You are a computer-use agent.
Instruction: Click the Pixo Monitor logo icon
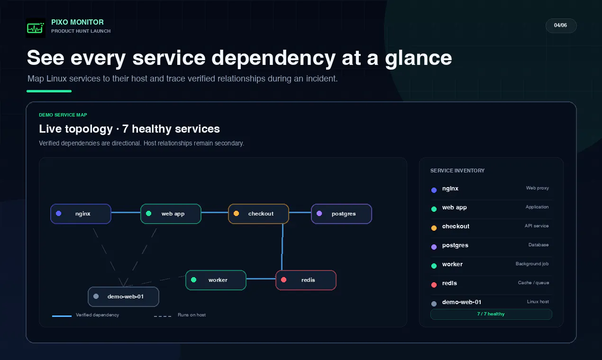[36, 28]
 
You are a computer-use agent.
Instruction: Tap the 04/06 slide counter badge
[561, 26]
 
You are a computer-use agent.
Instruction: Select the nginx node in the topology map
[81, 214]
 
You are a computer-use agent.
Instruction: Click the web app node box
[171, 214]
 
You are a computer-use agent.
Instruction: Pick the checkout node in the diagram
[258, 214]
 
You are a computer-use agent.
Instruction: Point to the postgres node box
[342, 214]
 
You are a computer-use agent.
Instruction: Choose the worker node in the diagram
[216, 280]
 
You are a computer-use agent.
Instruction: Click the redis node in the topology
[306, 280]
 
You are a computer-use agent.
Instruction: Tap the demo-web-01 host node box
[123, 297]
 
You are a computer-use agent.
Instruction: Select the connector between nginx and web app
[126, 213]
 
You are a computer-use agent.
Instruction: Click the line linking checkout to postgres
[300, 213]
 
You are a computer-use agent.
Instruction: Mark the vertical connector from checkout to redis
[282, 247]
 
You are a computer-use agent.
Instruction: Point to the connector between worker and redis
[261, 279]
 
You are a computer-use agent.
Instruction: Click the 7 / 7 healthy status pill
[491, 314]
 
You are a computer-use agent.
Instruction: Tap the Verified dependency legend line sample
[62, 316]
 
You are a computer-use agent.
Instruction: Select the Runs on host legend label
[192, 315]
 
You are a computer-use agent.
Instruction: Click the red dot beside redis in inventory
[434, 285]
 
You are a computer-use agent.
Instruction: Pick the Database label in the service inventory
[538, 245]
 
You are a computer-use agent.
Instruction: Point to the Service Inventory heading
[457, 171]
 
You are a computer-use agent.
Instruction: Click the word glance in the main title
[419, 58]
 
